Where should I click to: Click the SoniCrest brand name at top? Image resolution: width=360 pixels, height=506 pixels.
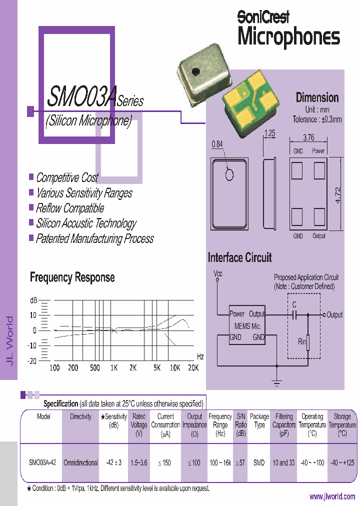[263, 17]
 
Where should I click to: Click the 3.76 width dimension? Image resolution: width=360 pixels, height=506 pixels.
[308, 138]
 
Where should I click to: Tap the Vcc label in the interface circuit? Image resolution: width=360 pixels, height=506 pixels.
[217, 273]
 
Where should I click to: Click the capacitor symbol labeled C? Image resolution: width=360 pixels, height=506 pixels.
[294, 314]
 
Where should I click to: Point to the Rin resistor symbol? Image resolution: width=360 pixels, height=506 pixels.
[308, 342]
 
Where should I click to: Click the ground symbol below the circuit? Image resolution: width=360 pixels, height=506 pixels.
[276, 382]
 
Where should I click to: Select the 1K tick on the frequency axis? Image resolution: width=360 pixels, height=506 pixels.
[114, 367]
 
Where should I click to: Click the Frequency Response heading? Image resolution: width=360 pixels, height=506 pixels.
[72, 277]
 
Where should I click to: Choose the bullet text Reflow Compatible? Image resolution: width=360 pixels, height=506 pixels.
[69, 208]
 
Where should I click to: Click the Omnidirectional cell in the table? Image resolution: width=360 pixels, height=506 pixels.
[80, 462]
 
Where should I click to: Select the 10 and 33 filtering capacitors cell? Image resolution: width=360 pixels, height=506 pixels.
[283, 462]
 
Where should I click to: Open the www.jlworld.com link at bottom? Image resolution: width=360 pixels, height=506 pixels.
[332, 496]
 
